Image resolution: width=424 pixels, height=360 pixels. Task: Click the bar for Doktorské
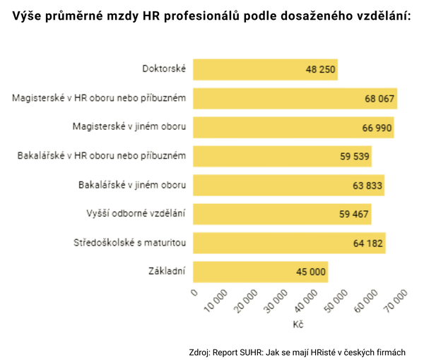click(x=265, y=70)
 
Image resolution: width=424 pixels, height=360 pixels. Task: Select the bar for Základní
click(x=260, y=272)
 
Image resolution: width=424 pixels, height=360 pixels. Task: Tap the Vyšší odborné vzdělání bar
click(x=282, y=214)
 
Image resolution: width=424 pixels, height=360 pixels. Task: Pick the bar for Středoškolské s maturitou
click(x=289, y=243)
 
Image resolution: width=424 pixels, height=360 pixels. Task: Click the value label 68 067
click(x=379, y=99)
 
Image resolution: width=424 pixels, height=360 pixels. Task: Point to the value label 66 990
click(x=375, y=128)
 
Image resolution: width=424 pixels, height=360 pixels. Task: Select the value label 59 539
click(x=354, y=157)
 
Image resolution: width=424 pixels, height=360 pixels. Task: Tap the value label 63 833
click(x=366, y=186)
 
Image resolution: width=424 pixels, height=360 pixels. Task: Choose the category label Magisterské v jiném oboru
click(x=129, y=126)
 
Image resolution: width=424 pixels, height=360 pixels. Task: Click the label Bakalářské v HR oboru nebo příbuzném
click(x=101, y=155)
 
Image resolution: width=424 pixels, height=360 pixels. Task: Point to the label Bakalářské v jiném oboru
click(x=132, y=185)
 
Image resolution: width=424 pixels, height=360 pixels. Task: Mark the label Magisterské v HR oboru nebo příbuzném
click(x=99, y=97)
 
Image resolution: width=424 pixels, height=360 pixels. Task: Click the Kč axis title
click(x=298, y=325)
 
